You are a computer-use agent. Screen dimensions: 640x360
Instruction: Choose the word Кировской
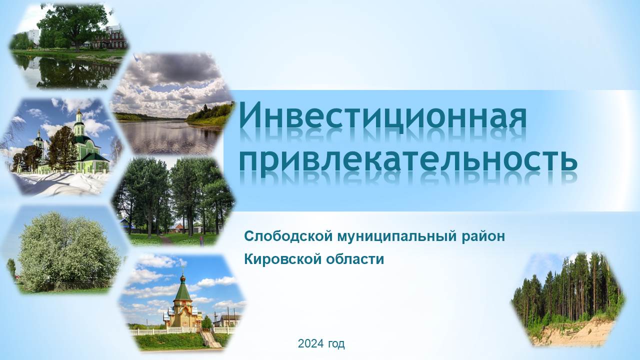[283, 259]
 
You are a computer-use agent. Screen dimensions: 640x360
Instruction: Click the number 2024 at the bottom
[311, 343]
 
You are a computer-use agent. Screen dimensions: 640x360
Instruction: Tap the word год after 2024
[336, 344]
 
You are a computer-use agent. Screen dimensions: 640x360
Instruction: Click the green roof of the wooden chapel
[183, 291]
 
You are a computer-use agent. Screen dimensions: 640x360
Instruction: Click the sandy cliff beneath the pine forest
[574, 333]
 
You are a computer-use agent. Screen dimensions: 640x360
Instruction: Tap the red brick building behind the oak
[110, 38]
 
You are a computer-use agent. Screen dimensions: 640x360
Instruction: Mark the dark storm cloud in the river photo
[177, 68]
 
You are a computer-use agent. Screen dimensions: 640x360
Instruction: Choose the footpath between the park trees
[165, 239]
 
